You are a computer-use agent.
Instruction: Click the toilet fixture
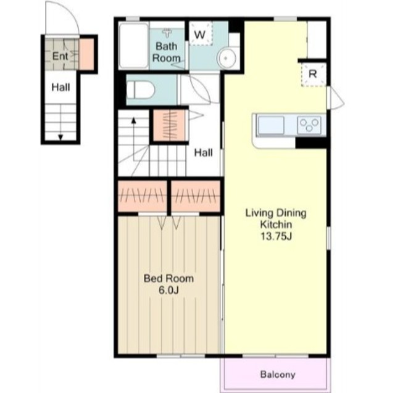(140, 89)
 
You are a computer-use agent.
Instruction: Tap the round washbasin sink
(227, 58)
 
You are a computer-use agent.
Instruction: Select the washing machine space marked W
(201, 34)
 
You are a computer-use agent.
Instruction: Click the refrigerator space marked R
(313, 75)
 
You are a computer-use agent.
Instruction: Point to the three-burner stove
(309, 125)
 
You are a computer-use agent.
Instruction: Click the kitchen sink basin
(271, 125)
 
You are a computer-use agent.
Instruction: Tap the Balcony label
(278, 374)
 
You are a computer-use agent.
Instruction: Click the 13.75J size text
(276, 236)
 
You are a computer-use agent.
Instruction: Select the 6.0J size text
(168, 291)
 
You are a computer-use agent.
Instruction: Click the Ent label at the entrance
(60, 56)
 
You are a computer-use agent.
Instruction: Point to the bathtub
(133, 46)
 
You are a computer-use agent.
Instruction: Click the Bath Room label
(166, 52)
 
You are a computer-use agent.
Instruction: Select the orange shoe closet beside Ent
(87, 54)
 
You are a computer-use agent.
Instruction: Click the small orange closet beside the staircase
(169, 125)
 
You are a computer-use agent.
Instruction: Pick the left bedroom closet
(143, 196)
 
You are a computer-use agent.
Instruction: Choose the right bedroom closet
(196, 196)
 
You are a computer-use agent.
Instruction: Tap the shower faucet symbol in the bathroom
(167, 33)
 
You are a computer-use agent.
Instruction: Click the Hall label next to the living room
(203, 152)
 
